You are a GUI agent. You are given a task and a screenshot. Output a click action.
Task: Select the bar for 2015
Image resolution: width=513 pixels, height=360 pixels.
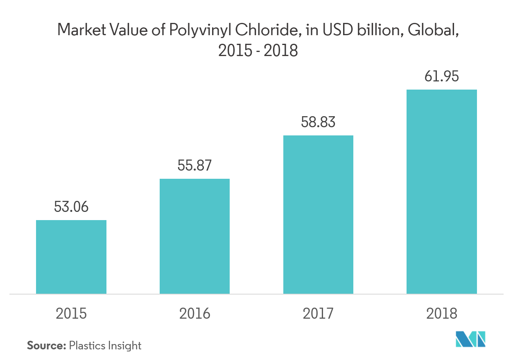(x=71, y=257)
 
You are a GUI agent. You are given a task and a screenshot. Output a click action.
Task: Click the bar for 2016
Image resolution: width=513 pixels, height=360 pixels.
(x=194, y=236)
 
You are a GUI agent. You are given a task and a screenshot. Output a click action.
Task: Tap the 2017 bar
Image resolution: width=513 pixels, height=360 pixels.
(x=318, y=214)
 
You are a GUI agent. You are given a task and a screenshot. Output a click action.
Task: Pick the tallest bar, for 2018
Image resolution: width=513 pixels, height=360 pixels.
(x=442, y=191)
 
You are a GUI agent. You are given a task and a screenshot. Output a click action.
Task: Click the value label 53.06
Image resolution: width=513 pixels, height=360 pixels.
(x=71, y=207)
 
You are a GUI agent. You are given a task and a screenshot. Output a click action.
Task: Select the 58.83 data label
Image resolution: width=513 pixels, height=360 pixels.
(x=318, y=122)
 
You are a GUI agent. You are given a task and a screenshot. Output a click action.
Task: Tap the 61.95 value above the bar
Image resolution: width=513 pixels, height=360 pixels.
(x=442, y=76)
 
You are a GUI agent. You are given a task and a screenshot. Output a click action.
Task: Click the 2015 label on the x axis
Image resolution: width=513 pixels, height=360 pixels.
(x=71, y=314)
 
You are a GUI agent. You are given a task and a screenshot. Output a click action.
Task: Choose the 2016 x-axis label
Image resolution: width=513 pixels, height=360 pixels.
(x=194, y=314)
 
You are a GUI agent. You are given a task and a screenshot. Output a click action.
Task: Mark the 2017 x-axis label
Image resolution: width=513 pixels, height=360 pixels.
(x=318, y=314)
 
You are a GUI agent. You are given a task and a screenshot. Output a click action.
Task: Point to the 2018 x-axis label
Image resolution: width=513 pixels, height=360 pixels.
(x=442, y=314)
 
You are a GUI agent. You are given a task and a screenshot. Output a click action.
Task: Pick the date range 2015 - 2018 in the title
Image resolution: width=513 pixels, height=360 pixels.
(x=258, y=51)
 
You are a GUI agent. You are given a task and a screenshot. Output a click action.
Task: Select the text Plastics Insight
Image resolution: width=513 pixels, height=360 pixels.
(x=105, y=346)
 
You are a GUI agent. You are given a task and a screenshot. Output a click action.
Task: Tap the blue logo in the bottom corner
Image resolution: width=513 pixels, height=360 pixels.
(x=471, y=340)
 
